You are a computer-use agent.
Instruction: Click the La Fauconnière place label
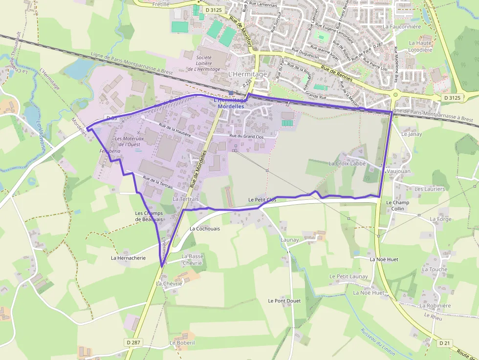click(402, 27)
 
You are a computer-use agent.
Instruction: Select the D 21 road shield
click(444, 343)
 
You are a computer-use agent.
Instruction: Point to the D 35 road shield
click(110, 118)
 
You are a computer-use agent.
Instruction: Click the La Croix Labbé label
click(347, 163)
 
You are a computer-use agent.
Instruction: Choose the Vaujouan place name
click(398, 171)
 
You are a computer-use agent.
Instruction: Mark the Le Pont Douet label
click(284, 301)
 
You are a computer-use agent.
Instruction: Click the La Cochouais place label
click(205, 228)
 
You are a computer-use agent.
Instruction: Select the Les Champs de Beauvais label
click(149, 216)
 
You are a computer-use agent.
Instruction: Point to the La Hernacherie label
click(128, 258)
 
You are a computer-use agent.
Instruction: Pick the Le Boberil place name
click(182, 343)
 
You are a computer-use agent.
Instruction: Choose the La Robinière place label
click(435, 306)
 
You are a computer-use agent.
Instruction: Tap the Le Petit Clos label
click(262, 200)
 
